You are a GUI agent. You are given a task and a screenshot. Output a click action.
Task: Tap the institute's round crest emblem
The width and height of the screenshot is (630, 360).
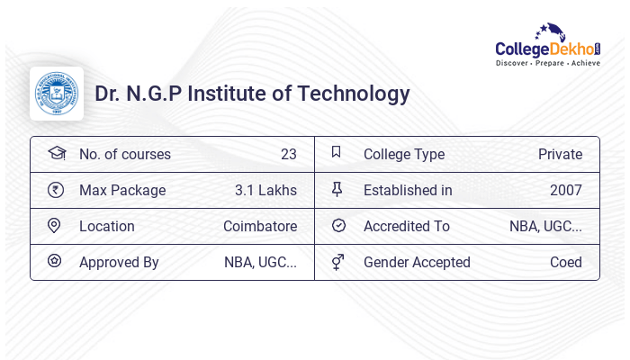point(56,94)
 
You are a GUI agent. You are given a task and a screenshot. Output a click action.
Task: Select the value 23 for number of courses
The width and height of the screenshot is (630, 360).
point(288,154)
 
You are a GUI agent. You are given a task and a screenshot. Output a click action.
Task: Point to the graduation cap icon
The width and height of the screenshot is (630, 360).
point(56,154)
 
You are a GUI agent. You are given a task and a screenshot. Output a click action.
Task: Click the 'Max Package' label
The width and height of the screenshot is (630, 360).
point(122,190)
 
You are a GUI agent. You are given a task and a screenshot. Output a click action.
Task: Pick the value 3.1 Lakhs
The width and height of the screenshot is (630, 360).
point(265,190)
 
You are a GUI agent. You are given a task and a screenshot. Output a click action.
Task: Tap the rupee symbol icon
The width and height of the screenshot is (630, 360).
point(56,190)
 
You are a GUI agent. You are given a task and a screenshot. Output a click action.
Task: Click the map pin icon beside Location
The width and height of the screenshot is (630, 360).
point(54,226)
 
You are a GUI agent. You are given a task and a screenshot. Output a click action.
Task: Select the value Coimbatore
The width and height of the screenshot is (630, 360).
point(260,226)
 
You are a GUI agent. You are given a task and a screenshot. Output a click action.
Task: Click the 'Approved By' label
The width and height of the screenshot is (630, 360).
point(119,262)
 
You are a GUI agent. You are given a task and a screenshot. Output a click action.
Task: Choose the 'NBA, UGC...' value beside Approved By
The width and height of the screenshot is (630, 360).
point(260,262)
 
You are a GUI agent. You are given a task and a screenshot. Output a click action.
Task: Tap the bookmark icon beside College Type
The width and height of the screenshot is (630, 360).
point(337,153)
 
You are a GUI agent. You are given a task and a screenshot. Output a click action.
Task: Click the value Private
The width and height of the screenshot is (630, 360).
point(560,154)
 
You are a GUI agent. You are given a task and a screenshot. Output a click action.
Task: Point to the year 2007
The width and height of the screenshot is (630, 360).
point(565,190)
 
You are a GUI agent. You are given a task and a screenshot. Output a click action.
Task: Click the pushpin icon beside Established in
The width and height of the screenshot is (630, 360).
point(337,189)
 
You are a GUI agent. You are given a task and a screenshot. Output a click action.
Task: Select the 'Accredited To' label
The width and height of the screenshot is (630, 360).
point(406,226)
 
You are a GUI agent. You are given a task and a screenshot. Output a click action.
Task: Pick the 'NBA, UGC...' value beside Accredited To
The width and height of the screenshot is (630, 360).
point(545,226)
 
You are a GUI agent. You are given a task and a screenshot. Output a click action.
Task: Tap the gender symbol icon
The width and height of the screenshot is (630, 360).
point(337,262)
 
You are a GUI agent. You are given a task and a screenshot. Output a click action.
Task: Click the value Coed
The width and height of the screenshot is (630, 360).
point(566,262)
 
